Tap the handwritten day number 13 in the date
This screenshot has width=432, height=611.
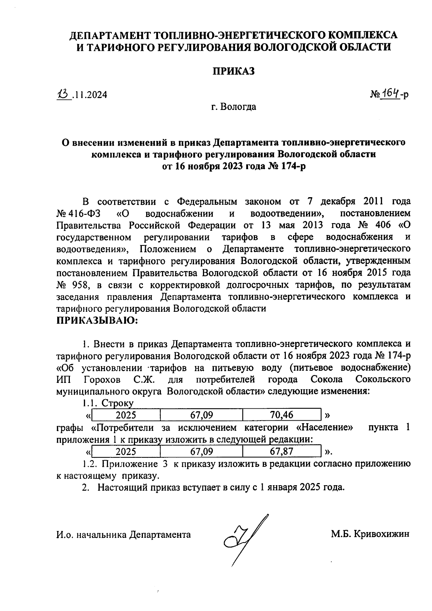[63, 94]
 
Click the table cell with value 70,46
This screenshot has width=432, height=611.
[282, 415]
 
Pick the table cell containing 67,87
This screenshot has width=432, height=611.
[282, 451]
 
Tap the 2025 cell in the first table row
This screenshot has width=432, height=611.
[126, 415]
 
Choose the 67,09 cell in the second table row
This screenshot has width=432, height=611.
[202, 451]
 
